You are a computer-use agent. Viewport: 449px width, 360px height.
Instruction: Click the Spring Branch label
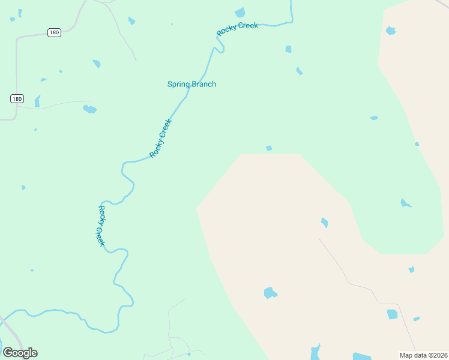point(191,84)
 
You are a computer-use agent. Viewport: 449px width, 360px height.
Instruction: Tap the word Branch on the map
point(203,84)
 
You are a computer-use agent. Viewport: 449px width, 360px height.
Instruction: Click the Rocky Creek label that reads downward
point(101,226)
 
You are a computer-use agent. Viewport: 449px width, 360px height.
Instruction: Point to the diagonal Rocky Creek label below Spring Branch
point(161,138)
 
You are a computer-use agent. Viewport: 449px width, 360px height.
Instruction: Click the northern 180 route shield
point(54,32)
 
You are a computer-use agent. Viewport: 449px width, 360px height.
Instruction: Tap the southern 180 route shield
point(17,98)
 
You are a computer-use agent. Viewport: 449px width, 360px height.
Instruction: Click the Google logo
point(20,353)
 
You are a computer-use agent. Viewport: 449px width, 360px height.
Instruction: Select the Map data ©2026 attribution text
point(424,355)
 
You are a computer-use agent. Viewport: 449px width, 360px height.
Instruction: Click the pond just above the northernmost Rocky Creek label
point(240,13)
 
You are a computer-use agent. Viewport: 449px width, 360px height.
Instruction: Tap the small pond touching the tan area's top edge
point(269,148)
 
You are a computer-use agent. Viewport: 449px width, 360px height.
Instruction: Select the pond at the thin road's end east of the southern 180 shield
point(89,109)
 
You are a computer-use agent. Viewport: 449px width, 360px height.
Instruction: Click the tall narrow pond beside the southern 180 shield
point(37,101)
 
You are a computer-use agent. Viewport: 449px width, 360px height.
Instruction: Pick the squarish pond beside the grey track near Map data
point(393,314)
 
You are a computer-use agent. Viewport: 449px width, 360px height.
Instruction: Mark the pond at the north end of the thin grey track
point(324,223)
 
